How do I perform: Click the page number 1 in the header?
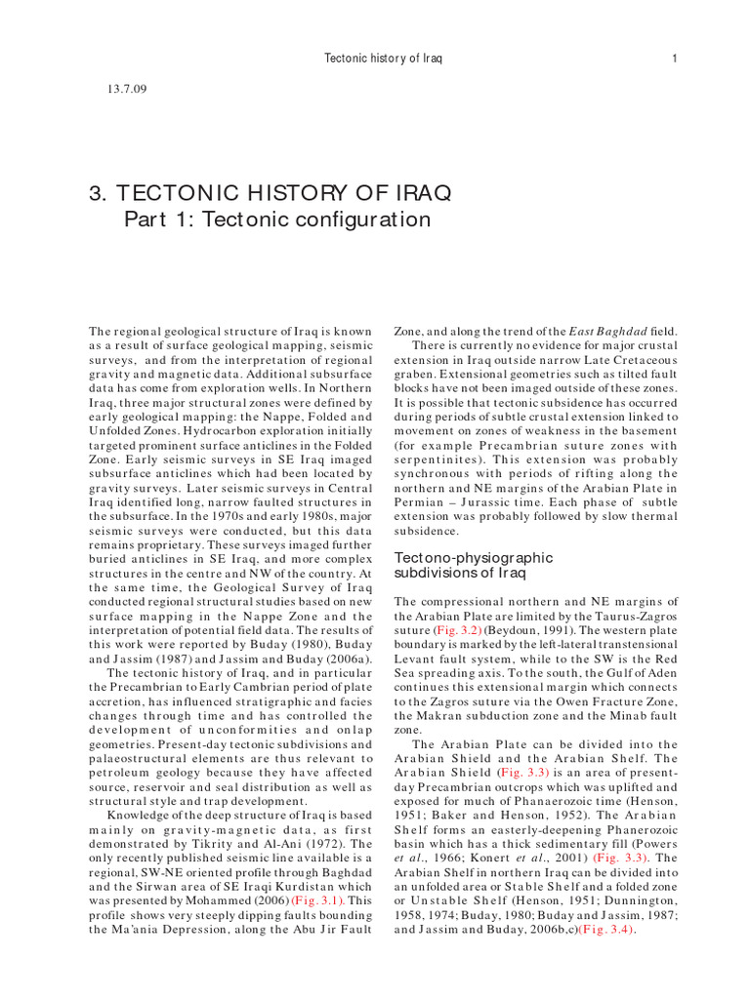[675, 59]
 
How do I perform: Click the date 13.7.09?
[124, 90]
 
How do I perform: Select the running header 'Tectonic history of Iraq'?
[383, 59]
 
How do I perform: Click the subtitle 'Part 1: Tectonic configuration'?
[276, 220]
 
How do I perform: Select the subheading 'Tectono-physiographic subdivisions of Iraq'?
[473, 565]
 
